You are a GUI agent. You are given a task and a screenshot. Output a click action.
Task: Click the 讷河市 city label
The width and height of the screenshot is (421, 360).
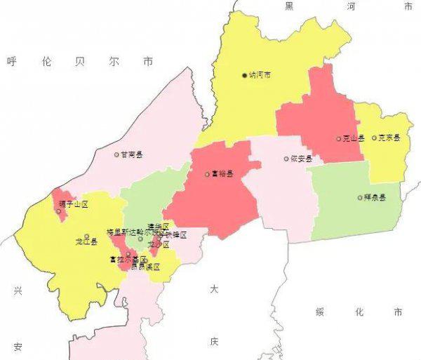260,75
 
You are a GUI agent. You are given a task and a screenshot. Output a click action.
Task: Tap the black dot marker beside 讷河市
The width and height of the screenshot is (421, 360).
245,75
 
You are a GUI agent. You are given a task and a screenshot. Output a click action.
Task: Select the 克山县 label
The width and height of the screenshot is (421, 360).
354,138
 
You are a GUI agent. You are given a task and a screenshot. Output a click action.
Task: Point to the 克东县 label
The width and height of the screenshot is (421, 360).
389,138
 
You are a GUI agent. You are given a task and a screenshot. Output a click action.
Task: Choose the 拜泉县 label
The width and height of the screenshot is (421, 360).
374,198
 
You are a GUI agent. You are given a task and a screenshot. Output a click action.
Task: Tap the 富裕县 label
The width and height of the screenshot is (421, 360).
222,174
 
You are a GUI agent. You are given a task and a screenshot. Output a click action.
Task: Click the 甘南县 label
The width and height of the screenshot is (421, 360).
131,154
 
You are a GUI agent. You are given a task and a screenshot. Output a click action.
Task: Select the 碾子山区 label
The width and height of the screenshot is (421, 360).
74,204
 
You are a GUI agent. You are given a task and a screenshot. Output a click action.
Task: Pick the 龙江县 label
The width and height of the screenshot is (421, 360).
86,241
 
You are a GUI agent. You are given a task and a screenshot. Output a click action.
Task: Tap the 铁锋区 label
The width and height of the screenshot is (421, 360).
176,234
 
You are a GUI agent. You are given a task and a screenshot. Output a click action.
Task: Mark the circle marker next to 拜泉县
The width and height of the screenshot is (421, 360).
359,198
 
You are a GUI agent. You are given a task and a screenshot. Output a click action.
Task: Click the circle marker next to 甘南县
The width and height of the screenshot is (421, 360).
117,154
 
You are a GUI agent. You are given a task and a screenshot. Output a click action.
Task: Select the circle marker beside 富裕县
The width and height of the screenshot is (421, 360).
207,174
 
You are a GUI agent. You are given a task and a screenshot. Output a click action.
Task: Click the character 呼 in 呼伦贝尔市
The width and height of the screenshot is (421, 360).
11,62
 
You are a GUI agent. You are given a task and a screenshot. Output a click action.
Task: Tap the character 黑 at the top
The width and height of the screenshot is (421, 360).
288,6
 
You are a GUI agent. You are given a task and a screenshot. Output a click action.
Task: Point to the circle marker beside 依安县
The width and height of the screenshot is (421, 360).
286,159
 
